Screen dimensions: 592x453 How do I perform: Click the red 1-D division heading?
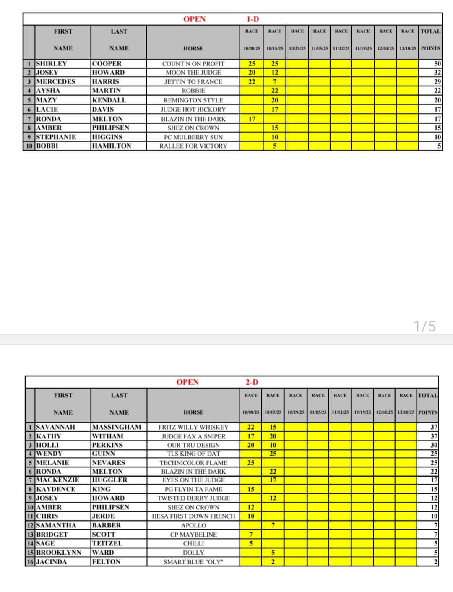coord(253,19)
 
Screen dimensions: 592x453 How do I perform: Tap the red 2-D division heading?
coord(252,382)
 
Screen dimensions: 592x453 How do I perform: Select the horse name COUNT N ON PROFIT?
coord(193,64)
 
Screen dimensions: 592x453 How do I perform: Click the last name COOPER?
coord(107,64)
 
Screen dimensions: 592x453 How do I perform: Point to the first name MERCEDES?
coord(56,81)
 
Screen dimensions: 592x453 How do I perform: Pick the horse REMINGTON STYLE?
coord(193,100)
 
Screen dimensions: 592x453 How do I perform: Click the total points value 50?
coord(437,64)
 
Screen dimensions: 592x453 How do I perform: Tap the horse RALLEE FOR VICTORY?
coord(193,146)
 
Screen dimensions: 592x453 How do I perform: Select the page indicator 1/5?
coord(424,326)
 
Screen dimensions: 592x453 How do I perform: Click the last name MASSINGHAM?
coord(116,427)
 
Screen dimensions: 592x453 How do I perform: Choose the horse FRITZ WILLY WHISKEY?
coord(193,427)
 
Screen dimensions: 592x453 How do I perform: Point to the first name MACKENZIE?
coord(57,480)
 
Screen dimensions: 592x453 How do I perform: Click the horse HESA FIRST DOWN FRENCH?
coord(193,516)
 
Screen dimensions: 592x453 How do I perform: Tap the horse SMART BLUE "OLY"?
coord(193,562)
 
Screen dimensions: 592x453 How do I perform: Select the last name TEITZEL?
coord(107,543)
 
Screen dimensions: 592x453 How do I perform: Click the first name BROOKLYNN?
coord(59,553)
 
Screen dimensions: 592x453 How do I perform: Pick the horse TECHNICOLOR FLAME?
coord(193,463)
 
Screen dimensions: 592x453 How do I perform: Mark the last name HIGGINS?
coord(107,137)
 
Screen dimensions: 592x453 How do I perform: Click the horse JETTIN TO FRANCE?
coord(193,82)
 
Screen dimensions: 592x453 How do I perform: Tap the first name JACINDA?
coord(51,562)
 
